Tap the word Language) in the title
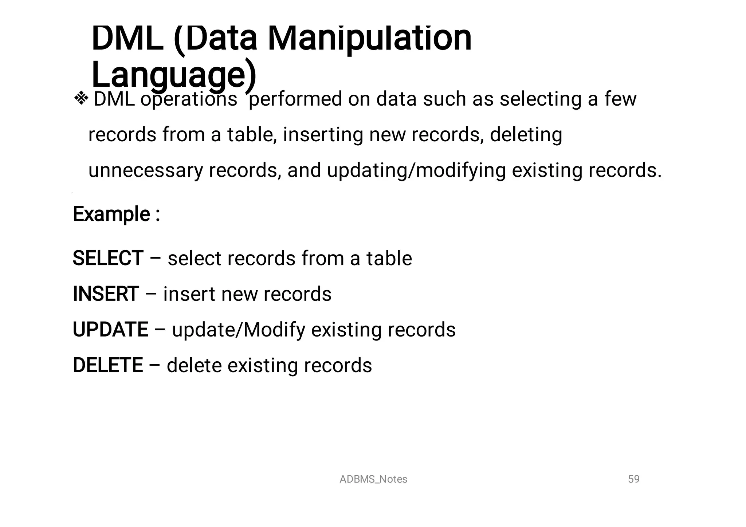tap(174, 75)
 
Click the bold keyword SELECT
tap(108, 258)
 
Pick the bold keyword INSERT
tap(106, 294)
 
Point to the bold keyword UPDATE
tap(110, 330)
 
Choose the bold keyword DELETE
tap(108, 365)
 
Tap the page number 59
tap(633, 479)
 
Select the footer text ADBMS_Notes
tap(373, 479)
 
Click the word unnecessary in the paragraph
tap(145, 170)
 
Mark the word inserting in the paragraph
tap(323, 134)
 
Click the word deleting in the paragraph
tap(526, 134)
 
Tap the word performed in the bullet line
tap(295, 99)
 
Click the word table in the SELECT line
tap(389, 258)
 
